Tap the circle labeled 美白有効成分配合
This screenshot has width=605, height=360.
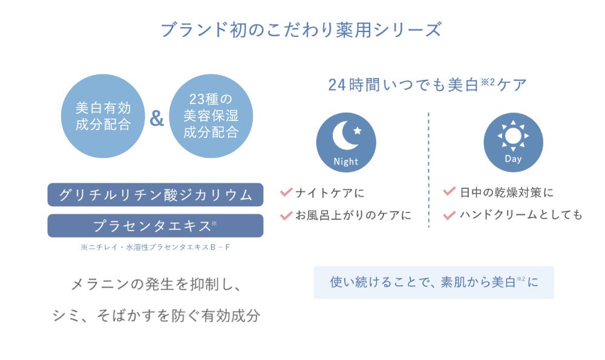pyautogui.click(x=103, y=116)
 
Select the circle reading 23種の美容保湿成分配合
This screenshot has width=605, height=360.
pyautogui.click(x=211, y=116)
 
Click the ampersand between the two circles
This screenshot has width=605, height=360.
pyautogui.click(x=157, y=119)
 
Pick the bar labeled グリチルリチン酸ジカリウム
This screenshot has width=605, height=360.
pyautogui.click(x=155, y=195)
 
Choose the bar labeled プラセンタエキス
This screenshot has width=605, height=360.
pyautogui.click(x=155, y=226)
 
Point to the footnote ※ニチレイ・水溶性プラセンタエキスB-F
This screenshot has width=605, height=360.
pyautogui.click(x=155, y=247)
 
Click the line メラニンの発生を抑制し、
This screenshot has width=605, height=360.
pyautogui.click(x=155, y=283)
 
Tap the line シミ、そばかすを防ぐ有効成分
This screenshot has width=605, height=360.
pyautogui.click(x=155, y=315)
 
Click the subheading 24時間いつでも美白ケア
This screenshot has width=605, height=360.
pyautogui.click(x=427, y=85)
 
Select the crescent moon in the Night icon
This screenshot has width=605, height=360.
pyautogui.click(x=342, y=136)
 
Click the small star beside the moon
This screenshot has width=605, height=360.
pyautogui.click(x=358, y=130)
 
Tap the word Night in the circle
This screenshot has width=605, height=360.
pyautogui.click(x=346, y=162)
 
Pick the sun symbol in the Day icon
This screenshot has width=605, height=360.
pyautogui.click(x=512, y=136)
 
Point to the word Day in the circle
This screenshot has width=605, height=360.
pyautogui.click(x=513, y=159)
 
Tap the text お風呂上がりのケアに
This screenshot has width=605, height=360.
pyautogui.click(x=353, y=215)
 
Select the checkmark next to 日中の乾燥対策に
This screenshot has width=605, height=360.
pyautogui.click(x=449, y=192)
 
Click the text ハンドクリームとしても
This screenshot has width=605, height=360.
pyautogui.click(x=520, y=215)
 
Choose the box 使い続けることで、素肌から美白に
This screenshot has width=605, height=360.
pyautogui.click(x=433, y=282)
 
